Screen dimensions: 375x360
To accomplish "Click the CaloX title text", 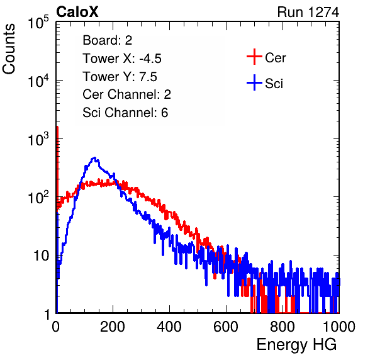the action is click(x=77, y=12).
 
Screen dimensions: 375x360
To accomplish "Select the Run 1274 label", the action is click(x=308, y=12).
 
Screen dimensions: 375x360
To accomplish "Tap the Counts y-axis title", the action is click(x=9, y=49).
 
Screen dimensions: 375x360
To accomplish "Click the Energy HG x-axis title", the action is click(x=296, y=345).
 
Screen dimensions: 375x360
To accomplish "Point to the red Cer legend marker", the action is click(x=254, y=57).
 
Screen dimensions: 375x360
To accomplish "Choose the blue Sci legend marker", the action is click(x=254, y=83).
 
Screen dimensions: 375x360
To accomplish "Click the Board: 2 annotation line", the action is click(x=108, y=40).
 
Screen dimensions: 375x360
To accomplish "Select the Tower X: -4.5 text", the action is click(x=122, y=59).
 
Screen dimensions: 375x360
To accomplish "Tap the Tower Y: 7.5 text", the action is click(x=120, y=77).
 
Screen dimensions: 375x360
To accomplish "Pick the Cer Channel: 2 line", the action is click(x=126, y=94).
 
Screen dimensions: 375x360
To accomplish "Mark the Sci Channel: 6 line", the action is click(x=125, y=113).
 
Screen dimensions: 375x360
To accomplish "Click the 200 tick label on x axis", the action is click(x=113, y=327).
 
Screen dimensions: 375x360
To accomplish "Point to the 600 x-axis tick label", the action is click(x=226, y=327).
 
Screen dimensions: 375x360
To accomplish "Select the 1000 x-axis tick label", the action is click(x=339, y=327).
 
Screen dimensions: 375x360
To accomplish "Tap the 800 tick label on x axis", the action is click(x=283, y=327).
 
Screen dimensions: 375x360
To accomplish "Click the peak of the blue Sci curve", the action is click(x=95, y=158).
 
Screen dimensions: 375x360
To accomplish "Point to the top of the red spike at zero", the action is click(x=57, y=127).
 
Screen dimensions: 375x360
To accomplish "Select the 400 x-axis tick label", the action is click(x=169, y=327).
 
